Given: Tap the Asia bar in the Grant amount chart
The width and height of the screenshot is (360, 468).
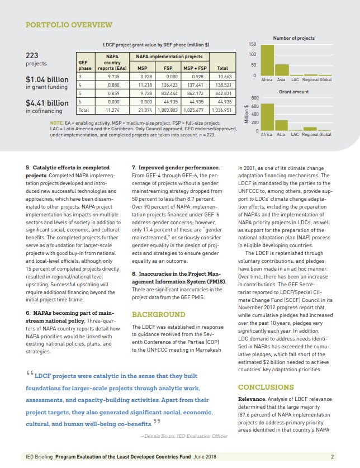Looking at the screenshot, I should click(281, 125).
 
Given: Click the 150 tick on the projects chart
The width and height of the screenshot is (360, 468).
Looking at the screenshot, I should click(252, 44).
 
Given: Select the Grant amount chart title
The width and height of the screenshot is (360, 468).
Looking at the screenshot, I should click(293, 91).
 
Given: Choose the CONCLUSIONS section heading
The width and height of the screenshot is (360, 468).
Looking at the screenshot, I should click(266, 387).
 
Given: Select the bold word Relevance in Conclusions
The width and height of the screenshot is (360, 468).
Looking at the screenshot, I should click(253, 399).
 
